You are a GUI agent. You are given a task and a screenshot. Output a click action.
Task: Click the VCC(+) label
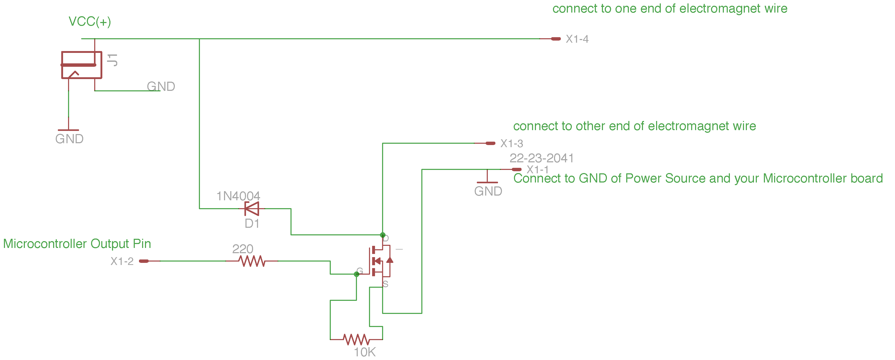point(90,21)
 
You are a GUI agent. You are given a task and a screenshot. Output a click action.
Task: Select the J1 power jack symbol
point(81,65)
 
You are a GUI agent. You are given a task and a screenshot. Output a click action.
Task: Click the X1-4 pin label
point(577,39)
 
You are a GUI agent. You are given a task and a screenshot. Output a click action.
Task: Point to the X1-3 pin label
point(511,143)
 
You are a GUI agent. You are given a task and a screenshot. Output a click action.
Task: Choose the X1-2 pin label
point(122,261)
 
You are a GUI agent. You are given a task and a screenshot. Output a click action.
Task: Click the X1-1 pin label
point(537,170)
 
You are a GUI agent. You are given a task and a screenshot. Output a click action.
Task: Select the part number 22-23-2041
point(541,158)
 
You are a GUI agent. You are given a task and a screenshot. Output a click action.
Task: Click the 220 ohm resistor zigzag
point(252,261)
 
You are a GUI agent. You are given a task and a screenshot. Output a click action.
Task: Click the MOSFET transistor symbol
point(381,261)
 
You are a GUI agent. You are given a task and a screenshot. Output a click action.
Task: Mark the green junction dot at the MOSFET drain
point(383,235)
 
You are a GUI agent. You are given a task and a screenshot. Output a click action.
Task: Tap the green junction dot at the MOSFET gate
point(356,274)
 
